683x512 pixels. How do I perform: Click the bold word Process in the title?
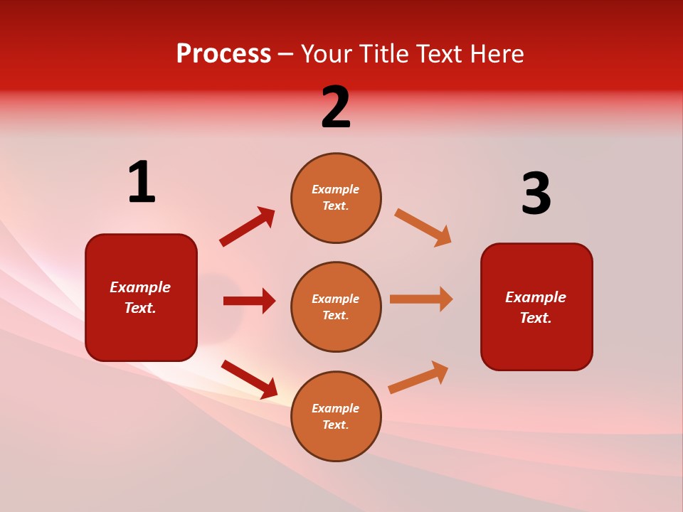coord(223,54)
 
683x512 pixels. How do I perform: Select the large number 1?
coord(142,183)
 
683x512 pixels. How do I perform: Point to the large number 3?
coord(536,194)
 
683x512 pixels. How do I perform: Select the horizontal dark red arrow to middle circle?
coord(249,301)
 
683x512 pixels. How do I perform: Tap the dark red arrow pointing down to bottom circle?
coord(249,379)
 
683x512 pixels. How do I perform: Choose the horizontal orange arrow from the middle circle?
coord(421,299)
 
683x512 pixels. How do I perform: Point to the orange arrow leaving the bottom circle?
coord(418,378)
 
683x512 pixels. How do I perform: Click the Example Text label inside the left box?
coord(140,297)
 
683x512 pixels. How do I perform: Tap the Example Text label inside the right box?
coord(536,307)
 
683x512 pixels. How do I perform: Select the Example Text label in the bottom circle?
coord(336,417)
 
